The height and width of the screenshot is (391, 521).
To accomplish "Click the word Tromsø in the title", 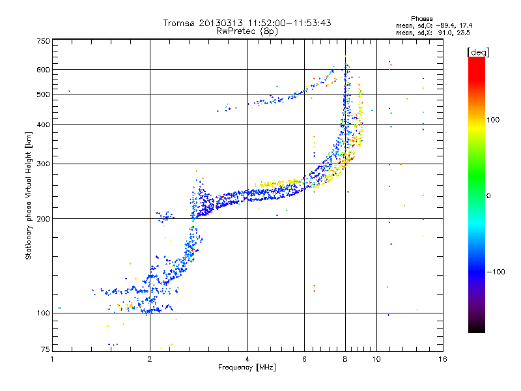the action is [180, 23].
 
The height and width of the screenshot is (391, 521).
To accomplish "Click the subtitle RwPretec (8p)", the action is [247, 31].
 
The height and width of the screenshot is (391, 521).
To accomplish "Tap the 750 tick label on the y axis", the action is [43, 41].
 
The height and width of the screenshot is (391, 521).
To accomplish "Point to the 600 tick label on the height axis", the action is [43, 70].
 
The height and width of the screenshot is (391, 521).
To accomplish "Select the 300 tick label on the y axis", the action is [43, 164].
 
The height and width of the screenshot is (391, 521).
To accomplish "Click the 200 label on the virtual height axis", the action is [43, 219].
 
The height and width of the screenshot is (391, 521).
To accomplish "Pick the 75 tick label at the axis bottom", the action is [46, 349].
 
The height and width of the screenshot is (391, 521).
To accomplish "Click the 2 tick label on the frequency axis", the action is [150, 359].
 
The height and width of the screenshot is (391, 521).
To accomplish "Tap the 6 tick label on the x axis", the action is [304, 359].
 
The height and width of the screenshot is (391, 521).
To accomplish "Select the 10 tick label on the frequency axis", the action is [376, 359].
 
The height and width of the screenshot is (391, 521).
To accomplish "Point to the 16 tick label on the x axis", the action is [443, 359].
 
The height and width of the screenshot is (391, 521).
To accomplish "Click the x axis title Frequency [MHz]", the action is [247, 368].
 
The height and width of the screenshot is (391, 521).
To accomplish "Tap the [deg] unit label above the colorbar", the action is [478, 52].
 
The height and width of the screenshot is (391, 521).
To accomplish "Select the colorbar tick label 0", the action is [488, 196].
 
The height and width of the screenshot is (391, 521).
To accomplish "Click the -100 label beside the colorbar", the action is [496, 272].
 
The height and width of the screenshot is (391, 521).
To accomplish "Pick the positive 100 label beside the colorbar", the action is [493, 120].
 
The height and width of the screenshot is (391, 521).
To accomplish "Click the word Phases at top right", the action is [422, 19].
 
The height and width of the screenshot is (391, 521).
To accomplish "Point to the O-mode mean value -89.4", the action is [446, 26].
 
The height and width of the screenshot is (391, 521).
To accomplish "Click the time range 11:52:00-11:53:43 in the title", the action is [289, 23].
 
